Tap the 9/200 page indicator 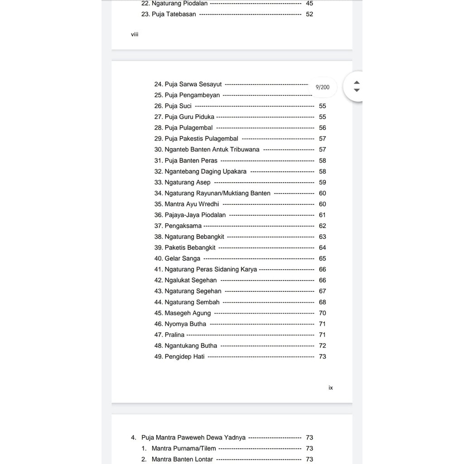pos(323,87)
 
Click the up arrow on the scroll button pos(357,82)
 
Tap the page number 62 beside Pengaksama pos(322,226)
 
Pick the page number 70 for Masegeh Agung pos(322,313)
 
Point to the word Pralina pos(174,335)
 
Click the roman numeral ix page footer pos(331,388)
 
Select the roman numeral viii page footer pos(135,34)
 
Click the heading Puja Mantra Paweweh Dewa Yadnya pos(193,438)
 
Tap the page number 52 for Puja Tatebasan pos(309,14)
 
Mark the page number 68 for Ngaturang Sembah pos(322,302)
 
